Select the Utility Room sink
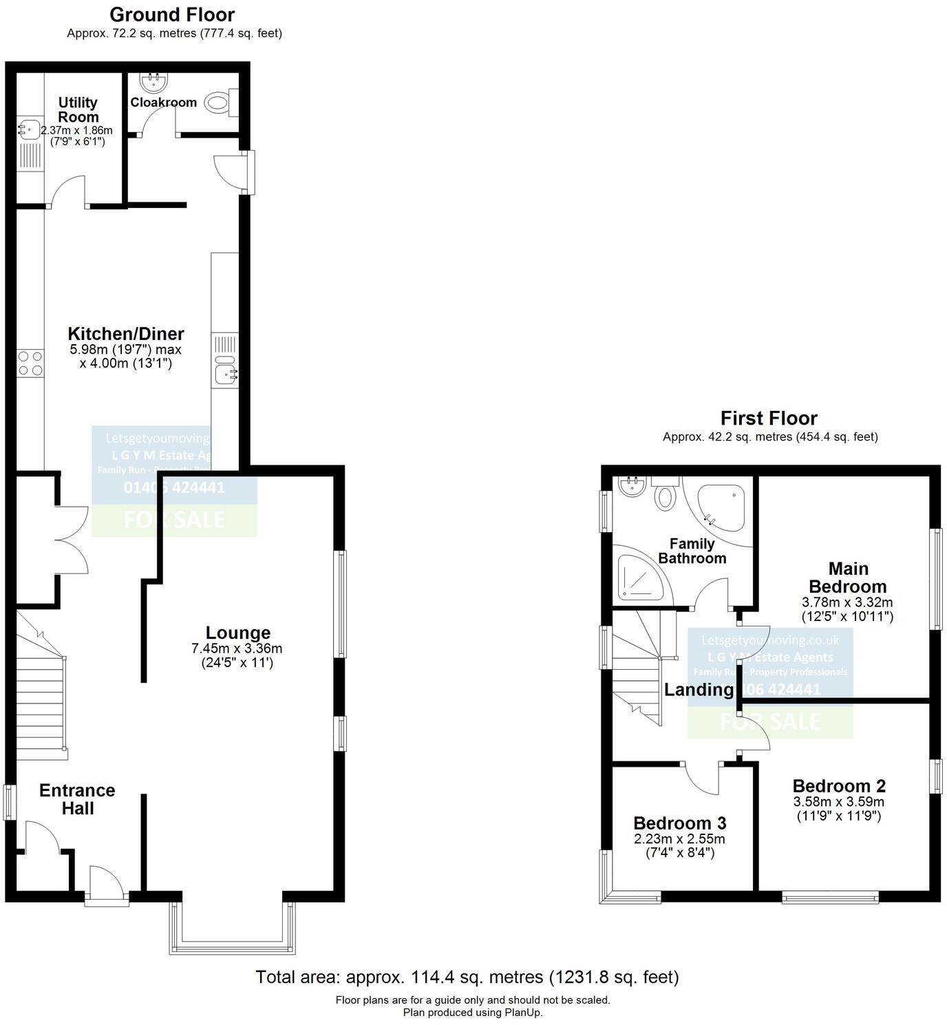[28, 129]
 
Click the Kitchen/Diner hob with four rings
[30, 363]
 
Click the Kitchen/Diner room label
[126, 334]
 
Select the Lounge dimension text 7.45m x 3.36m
[237, 648]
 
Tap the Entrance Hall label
[77, 799]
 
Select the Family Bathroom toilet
[665, 494]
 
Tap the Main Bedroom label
[847, 578]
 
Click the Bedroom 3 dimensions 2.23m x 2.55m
[679, 839]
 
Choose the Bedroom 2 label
[839, 785]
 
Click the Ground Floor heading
[172, 14]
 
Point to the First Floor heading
[769, 418]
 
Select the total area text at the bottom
[467, 977]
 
